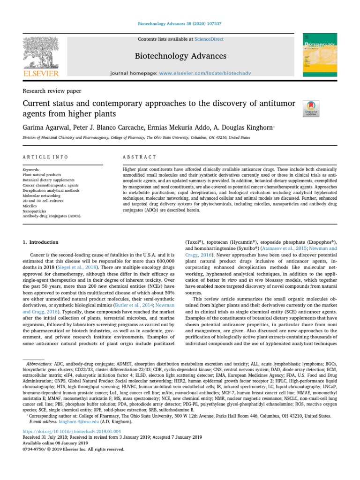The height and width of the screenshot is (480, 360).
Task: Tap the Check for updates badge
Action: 311,108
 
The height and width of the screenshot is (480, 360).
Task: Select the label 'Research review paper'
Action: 52,91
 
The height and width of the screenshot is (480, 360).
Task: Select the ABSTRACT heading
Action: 139,157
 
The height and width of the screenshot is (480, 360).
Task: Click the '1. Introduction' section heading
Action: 41,242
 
